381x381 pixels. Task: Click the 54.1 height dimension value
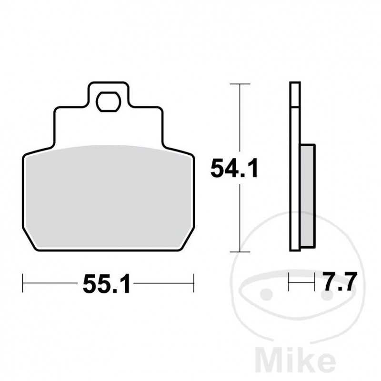[x=234, y=169]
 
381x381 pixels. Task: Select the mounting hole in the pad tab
[x=109, y=101]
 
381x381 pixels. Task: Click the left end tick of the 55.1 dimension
[x=23, y=283]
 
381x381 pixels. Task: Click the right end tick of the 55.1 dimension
[x=193, y=283]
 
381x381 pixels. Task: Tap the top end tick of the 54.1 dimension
[x=240, y=84]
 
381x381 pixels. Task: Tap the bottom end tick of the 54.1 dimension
[x=240, y=251]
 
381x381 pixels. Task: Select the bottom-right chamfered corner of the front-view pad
[x=187, y=243]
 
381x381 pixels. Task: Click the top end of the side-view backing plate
[x=295, y=84]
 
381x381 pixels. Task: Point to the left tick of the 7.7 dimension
[x=290, y=283]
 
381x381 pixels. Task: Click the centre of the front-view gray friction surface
[x=109, y=198]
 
